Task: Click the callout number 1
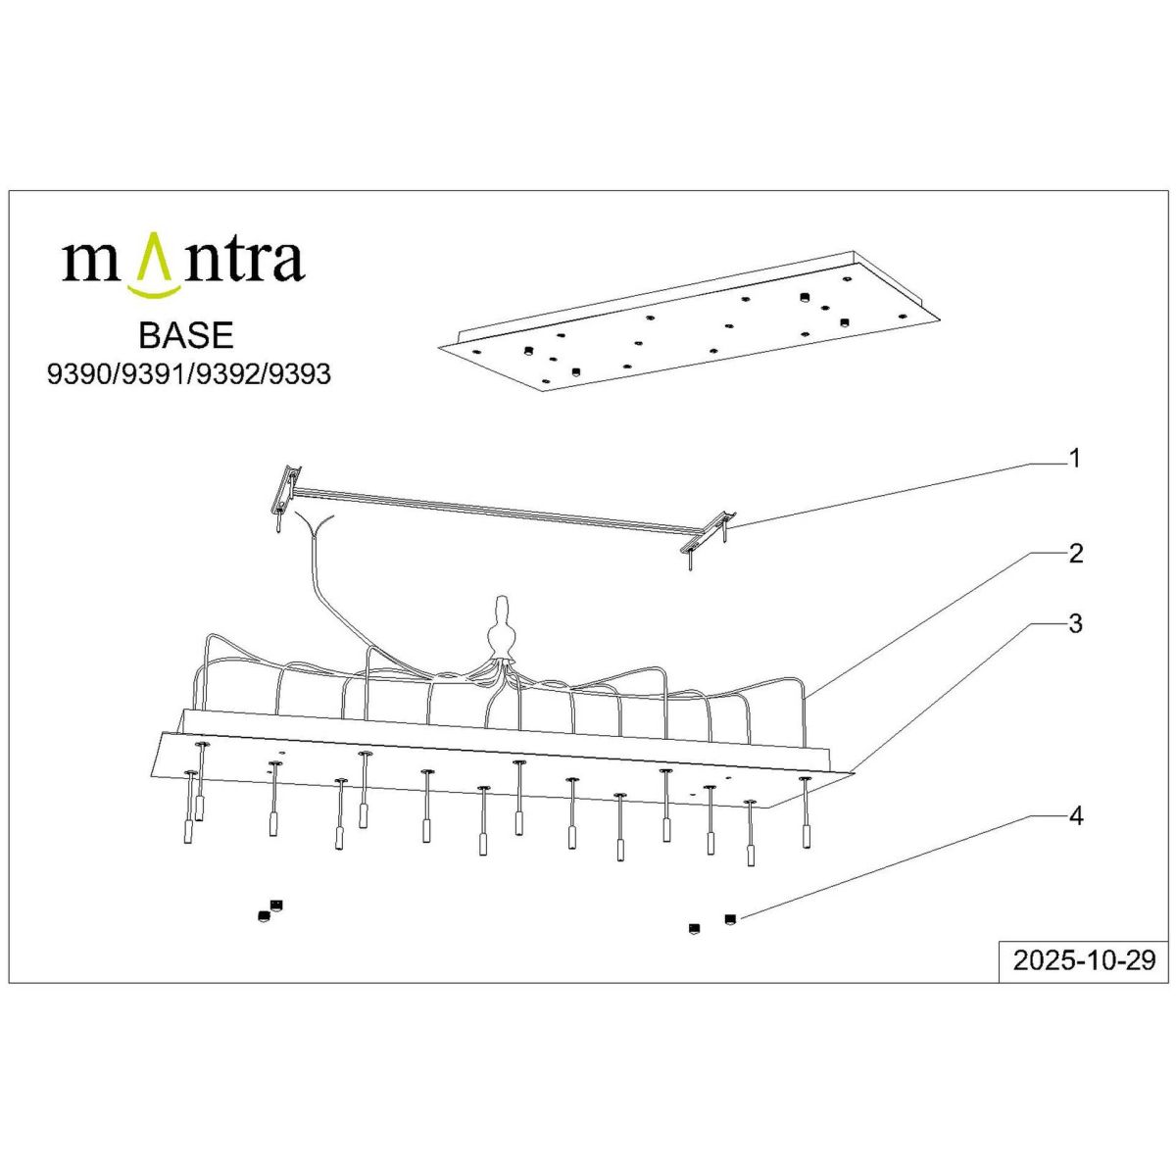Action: pyautogui.click(x=1075, y=458)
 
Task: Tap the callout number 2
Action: pyautogui.click(x=1076, y=554)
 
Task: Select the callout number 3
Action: pyautogui.click(x=1076, y=623)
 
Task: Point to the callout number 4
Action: pyautogui.click(x=1076, y=815)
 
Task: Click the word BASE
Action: pyautogui.click(x=186, y=336)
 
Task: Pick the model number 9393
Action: pyautogui.click(x=299, y=374)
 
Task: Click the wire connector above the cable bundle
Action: pyautogui.click(x=502, y=627)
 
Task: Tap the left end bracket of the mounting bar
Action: pyautogui.click(x=285, y=489)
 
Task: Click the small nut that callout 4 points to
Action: pyautogui.click(x=729, y=918)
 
